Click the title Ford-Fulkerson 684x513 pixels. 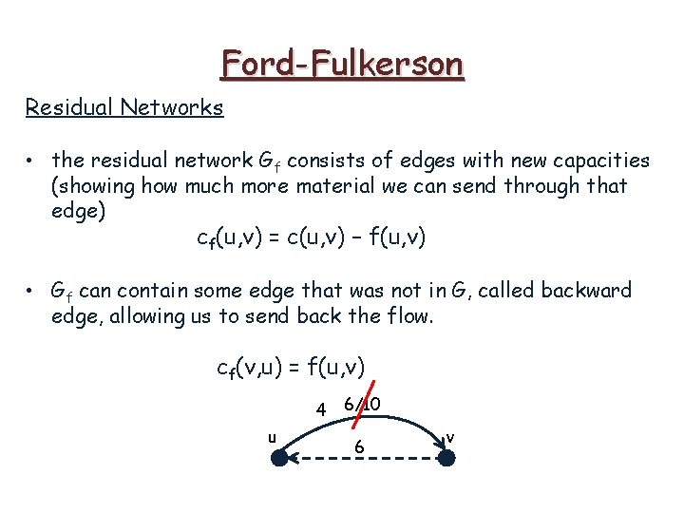pyautogui.click(x=342, y=64)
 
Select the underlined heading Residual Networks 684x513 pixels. pyautogui.click(x=124, y=106)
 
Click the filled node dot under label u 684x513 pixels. pyautogui.click(x=279, y=458)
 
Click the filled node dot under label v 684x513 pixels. pyautogui.click(x=446, y=458)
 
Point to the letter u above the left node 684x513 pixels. pyautogui.click(x=272, y=437)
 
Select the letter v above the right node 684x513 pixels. pyautogui.click(x=449, y=437)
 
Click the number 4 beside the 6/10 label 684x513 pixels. pyautogui.click(x=322, y=410)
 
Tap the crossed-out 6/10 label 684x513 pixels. pyautogui.click(x=362, y=405)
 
